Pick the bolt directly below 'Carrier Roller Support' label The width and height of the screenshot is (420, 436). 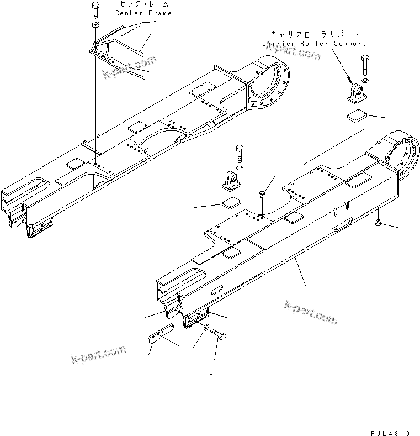[365, 65]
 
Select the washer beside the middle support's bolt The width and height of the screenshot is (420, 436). [238, 167]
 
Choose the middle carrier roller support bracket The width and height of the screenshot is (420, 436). [231, 181]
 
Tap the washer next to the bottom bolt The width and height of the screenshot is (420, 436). [205, 329]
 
